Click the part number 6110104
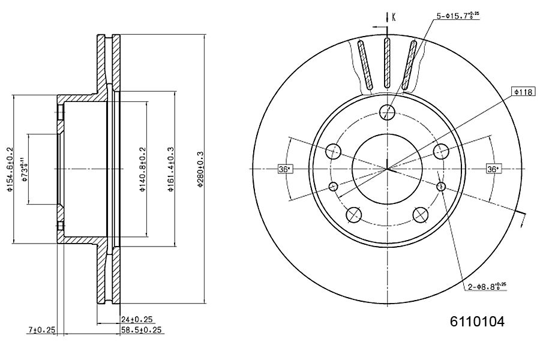tap(477, 322)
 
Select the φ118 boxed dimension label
tap(523, 91)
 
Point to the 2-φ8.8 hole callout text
tap(488, 287)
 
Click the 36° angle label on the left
tap(284, 169)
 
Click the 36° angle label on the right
tap(493, 169)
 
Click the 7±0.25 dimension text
tap(41, 330)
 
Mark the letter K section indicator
tap(394, 17)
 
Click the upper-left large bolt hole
tap(334, 150)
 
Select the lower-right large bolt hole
tap(421, 213)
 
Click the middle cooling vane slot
tap(387, 63)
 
